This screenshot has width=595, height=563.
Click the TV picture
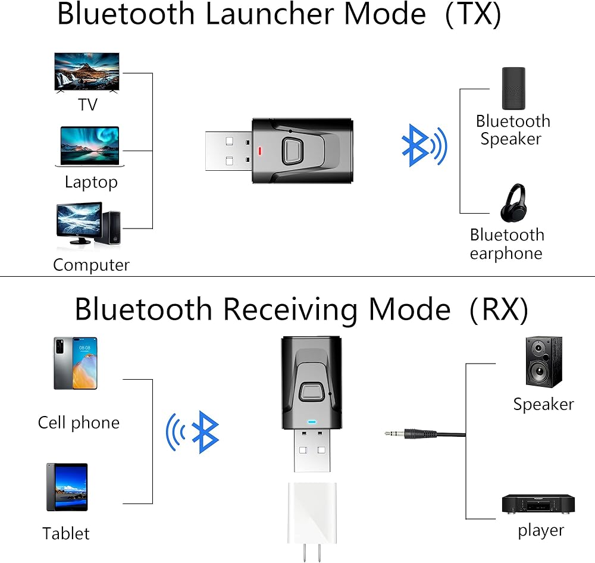tap(87, 73)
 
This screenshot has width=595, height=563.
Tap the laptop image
tap(90, 146)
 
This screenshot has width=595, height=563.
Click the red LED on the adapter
tap(260, 151)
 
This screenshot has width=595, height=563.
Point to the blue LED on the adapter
tap(312, 422)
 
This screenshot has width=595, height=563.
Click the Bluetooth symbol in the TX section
tap(424, 145)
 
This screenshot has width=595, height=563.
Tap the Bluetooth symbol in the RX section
tap(192, 432)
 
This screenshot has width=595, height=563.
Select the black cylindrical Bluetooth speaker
tap(513, 89)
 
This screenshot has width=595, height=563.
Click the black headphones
tap(513, 203)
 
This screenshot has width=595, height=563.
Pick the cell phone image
tap(76, 363)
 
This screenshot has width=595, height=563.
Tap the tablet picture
tap(67, 487)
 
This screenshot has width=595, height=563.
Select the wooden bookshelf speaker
tap(544, 362)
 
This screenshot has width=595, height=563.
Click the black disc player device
tap(538, 504)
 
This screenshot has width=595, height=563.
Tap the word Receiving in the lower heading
tap(290, 310)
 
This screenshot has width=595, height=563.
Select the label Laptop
tap(91, 183)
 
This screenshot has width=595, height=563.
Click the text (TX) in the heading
tap(473, 15)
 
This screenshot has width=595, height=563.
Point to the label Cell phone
tap(79, 423)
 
